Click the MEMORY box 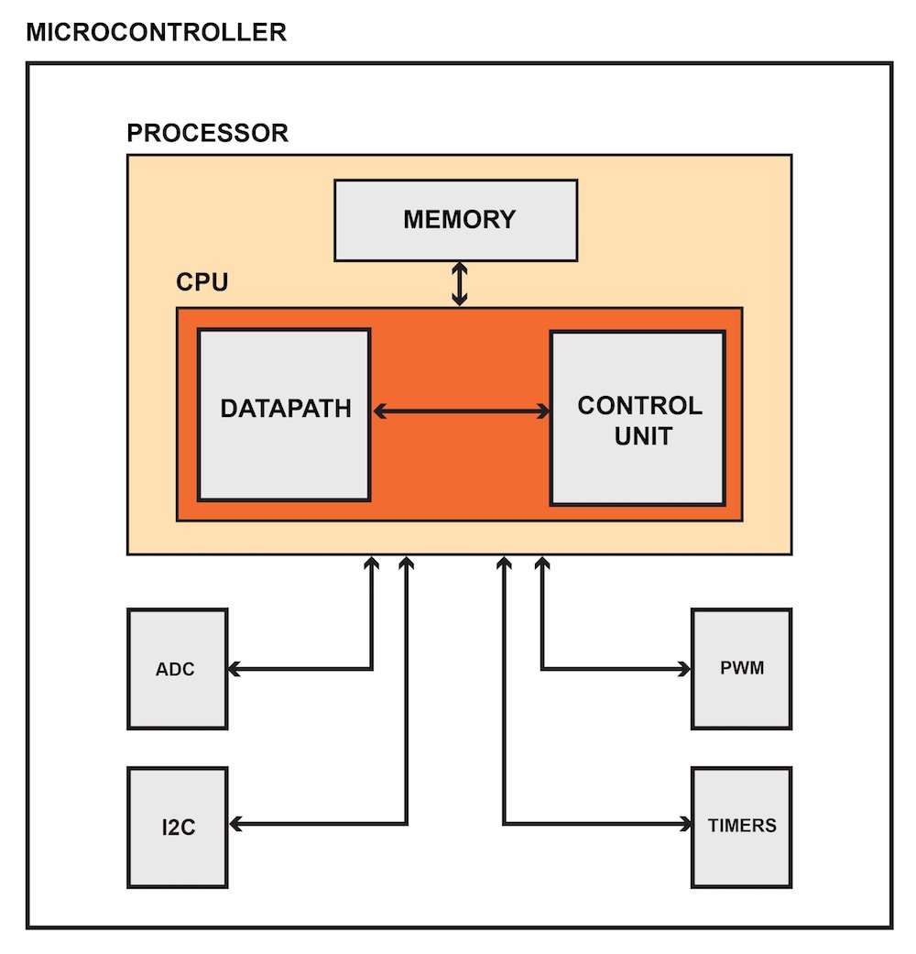(x=455, y=220)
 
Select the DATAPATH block (x=284, y=415)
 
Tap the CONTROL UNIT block (x=638, y=418)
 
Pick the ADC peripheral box (x=176, y=669)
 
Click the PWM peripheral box (x=741, y=668)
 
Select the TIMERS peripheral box (x=741, y=826)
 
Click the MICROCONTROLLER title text (x=157, y=33)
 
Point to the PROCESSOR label (x=207, y=134)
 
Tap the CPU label (x=202, y=281)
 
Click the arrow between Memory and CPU (x=459, y=284)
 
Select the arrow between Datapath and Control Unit (x=460, y=412)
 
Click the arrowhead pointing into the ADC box (x=235, y=669)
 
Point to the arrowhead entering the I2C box (x=235, y=825)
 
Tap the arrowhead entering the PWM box (x=683, y=668)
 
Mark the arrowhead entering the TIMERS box (x=683, y=824)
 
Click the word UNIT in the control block (x=639, y=435)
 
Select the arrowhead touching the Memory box (x=459, y=269)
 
